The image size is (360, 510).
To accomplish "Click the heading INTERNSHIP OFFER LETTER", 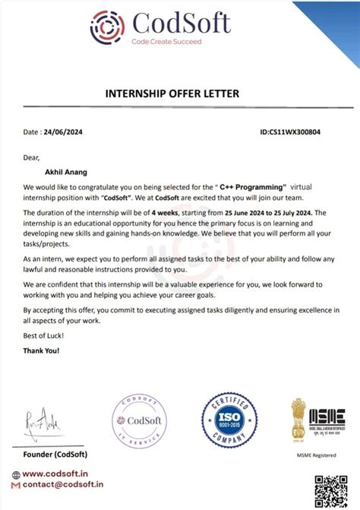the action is point(180,93).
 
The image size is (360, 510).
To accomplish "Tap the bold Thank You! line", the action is point(41,350).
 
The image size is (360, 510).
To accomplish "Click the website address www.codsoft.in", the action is point(58,474).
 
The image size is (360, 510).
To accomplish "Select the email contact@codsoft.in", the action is point(63,484).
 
